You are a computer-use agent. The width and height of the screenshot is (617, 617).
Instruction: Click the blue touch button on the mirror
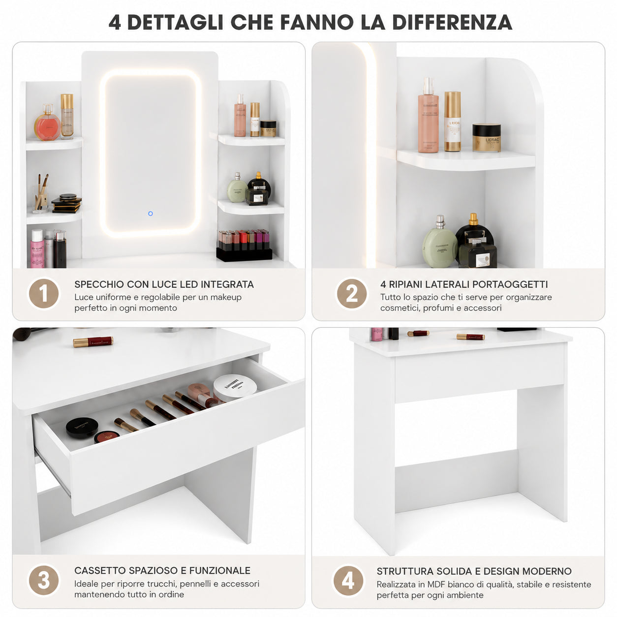coord(150,214)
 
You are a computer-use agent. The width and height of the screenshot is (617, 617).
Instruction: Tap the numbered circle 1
coord(44,293)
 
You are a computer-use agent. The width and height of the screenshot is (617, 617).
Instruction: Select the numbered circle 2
coord(351,293)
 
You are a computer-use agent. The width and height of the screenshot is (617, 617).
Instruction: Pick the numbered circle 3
coord(44,580)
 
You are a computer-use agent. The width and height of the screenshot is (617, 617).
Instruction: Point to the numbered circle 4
coord(348,580)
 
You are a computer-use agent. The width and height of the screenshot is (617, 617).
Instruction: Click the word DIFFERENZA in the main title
coord(452,22)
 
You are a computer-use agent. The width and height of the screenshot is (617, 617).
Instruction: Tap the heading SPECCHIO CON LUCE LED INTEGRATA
coord(164,284)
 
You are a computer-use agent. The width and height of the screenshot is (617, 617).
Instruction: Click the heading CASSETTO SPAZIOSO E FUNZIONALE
coord(162,570)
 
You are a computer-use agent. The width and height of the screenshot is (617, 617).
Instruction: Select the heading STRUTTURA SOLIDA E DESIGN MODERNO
coord(474,571)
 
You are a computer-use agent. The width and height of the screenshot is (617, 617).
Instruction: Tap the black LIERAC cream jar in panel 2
coord(486,137)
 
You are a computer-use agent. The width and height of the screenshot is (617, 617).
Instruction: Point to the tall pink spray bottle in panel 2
coord(428,115)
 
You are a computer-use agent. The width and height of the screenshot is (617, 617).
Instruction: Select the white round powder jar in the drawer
coord(235,388)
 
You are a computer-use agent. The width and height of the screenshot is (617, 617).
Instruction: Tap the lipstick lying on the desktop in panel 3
coord(93,341)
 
